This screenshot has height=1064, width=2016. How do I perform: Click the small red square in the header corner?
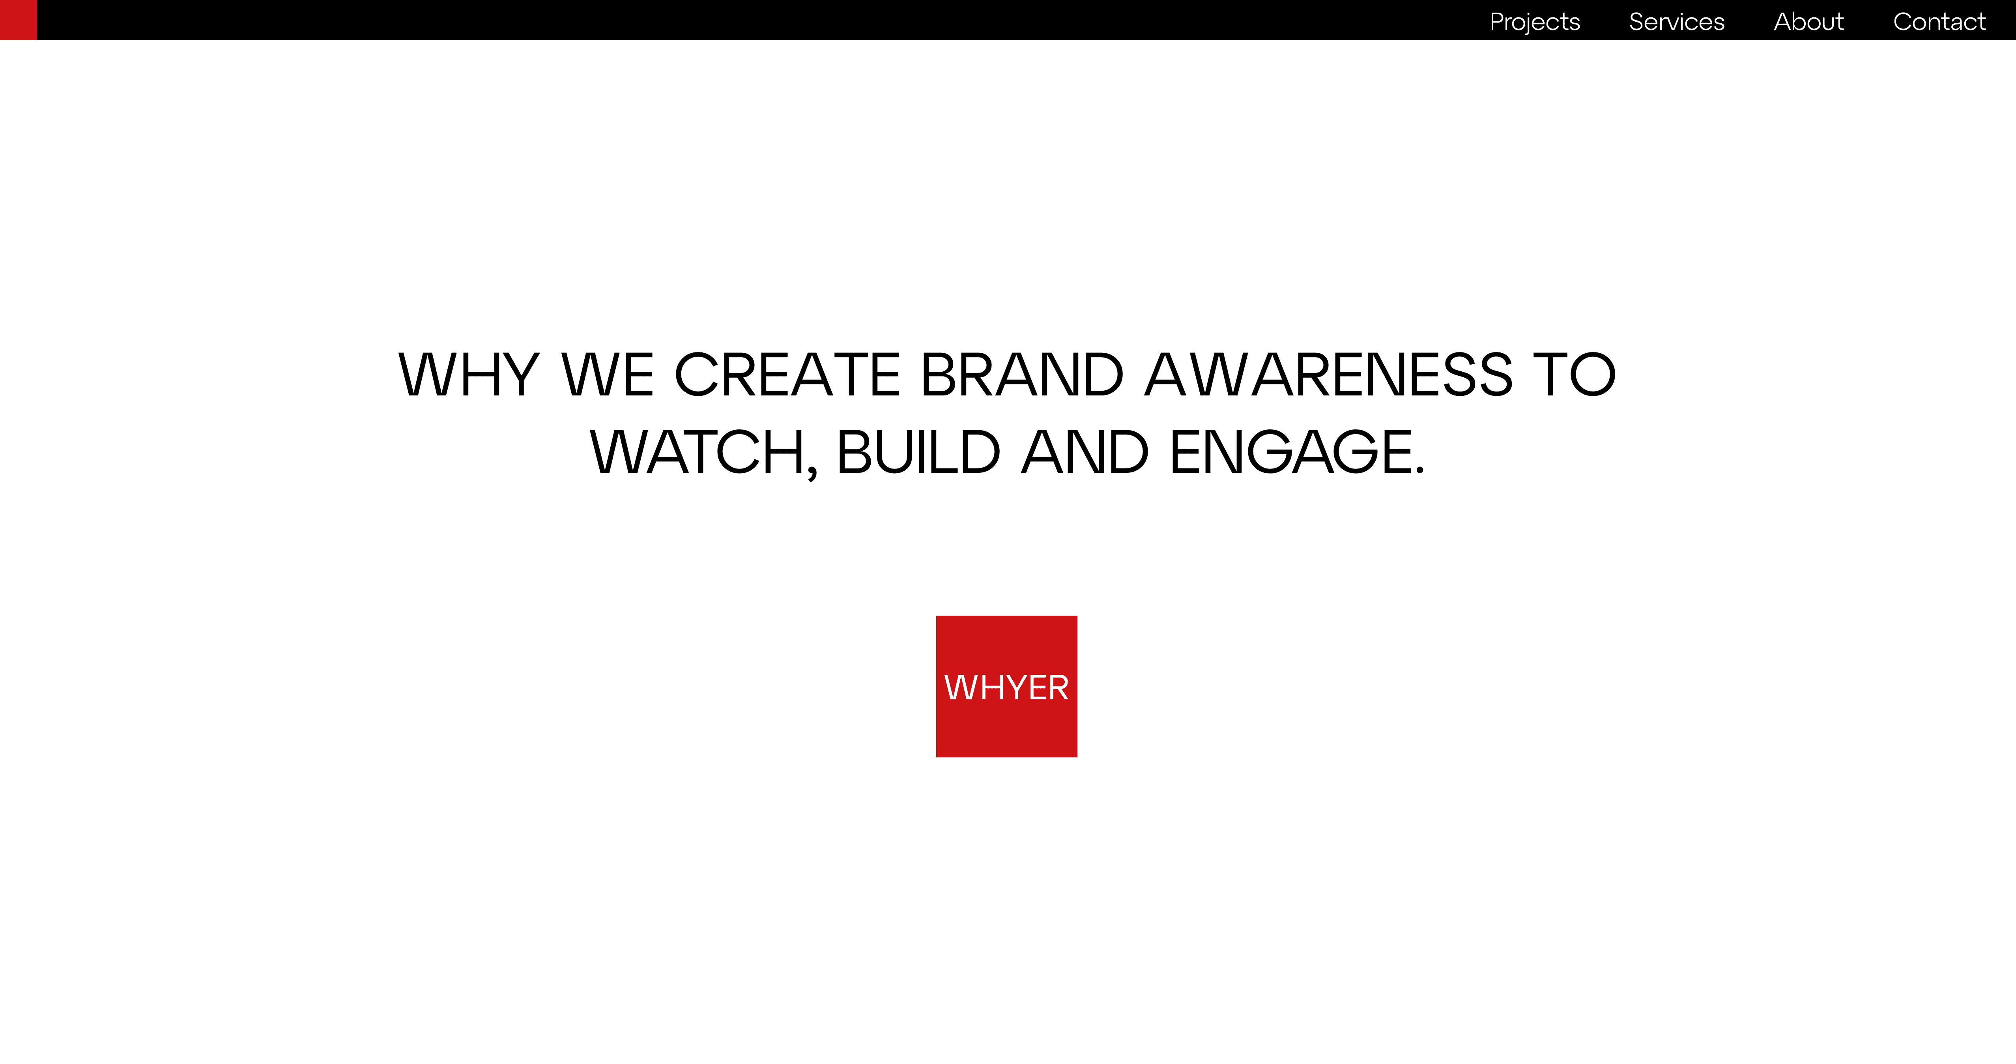(18, 20)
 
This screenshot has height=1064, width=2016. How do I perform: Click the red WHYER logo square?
(1006, 686)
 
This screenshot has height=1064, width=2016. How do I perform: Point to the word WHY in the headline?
(469, 374)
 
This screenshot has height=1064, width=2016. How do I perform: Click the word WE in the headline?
(607, 374)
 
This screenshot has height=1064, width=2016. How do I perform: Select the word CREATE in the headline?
(787, 374)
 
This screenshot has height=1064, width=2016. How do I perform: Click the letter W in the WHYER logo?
(960, 687)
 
